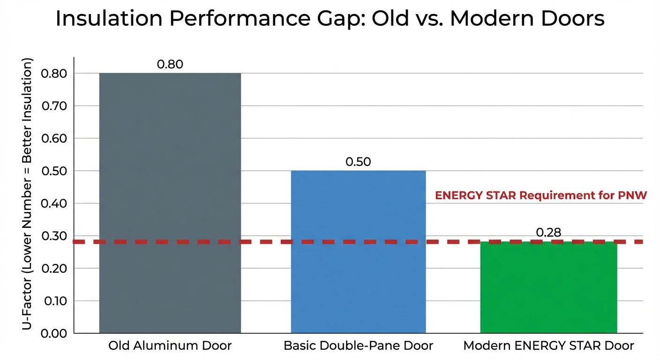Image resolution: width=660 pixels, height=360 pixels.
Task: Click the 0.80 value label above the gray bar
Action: coord(170,64)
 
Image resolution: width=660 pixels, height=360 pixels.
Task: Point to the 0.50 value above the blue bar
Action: coord(358,162)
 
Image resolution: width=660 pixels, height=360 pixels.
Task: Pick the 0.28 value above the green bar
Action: coord(548,232)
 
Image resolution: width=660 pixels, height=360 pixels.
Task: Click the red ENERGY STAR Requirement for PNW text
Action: coord(540,196)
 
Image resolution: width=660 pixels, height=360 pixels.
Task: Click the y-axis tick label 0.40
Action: coord(54,203)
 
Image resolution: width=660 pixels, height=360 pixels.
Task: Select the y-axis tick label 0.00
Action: coord(54,333)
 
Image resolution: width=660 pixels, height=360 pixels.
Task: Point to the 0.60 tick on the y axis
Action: coord(54,138)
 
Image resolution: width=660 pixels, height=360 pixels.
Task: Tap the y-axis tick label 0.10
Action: coord(54,301)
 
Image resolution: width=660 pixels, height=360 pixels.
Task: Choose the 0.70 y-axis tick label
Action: coord(54,106)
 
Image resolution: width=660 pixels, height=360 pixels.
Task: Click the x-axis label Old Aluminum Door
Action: coord(170,346)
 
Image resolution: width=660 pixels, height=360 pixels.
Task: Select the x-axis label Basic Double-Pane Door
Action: coord(358,346)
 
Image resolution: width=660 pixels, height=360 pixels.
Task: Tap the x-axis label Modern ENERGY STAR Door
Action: coord(548,346)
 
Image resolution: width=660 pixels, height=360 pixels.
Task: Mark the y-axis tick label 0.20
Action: coord(54,268)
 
